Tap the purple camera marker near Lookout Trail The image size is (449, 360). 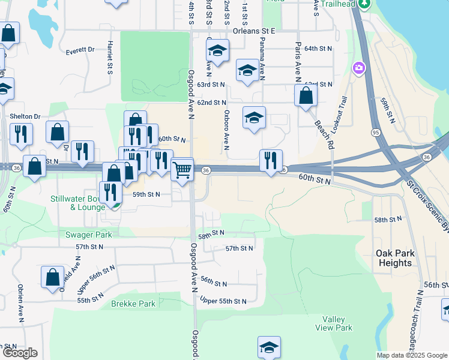point(359,68)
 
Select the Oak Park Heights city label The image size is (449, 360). point(395,259)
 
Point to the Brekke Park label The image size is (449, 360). point(133,304)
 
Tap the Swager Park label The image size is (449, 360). point(90,235)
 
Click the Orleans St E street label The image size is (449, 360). point(252,30)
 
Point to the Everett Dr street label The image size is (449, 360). point(80,50)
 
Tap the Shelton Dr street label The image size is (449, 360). point(25,116)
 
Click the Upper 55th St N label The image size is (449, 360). point(223,301)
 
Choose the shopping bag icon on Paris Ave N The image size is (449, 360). point(306,95)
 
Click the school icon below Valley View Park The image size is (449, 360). point(269,346)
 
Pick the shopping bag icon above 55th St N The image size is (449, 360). point(52,277)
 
